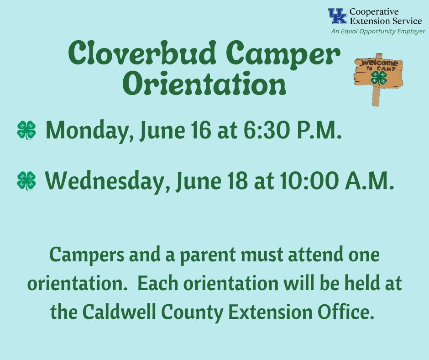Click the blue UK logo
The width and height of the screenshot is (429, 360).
(338, 16)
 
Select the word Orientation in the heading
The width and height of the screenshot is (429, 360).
(207, 83)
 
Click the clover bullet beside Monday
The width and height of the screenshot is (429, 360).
(26, 130)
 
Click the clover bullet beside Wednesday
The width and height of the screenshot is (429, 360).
(26, 180)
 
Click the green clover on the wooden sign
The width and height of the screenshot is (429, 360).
(379, 78)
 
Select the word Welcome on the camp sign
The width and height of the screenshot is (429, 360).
(379, 63)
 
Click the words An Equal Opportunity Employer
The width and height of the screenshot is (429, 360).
(378, 31)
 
